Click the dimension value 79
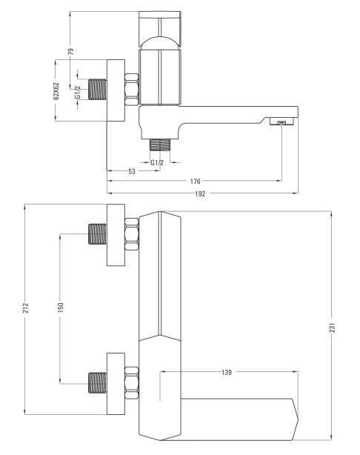pos(70,51)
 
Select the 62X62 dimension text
pos(56,91)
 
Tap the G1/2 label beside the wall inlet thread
pos(77,92)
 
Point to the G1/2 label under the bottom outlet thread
pos(157,162)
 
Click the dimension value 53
pos(132,171)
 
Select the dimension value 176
pos(196,182)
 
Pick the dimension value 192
pos(200,194)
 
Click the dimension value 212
pos(26,308)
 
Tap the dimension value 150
pos(61,308)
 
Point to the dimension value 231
pos(333,328)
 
